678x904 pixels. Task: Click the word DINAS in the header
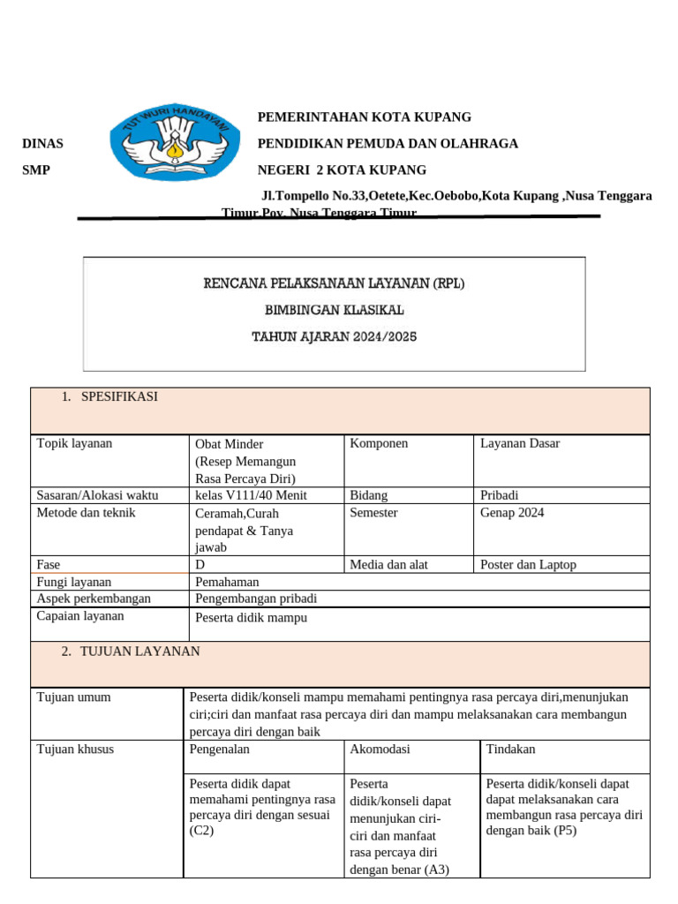tap(42, 144)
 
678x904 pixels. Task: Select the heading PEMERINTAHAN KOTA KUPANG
tap(364, 117)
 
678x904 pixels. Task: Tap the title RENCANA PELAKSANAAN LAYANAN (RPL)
tap(334, 283)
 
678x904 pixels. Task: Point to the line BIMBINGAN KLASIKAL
tap(334, 310)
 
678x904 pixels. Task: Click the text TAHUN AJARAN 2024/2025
tap(334, 336)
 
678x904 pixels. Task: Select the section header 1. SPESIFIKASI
tap(110, 397)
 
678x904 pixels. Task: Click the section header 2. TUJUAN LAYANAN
tap(131, 652)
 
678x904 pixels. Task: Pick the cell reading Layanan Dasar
tap(520, 443)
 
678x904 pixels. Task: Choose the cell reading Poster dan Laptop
tap(528, 565)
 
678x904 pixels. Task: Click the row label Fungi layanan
tap(74, 582)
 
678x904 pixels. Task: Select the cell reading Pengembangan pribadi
tap(256, 599)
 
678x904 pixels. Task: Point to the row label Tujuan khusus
tap(75, 750)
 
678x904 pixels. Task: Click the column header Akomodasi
tap(380, 750)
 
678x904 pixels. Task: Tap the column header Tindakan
tap(510, 750)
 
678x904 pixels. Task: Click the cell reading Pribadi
tap(500, 495)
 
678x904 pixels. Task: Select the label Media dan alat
tap(388, 565)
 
